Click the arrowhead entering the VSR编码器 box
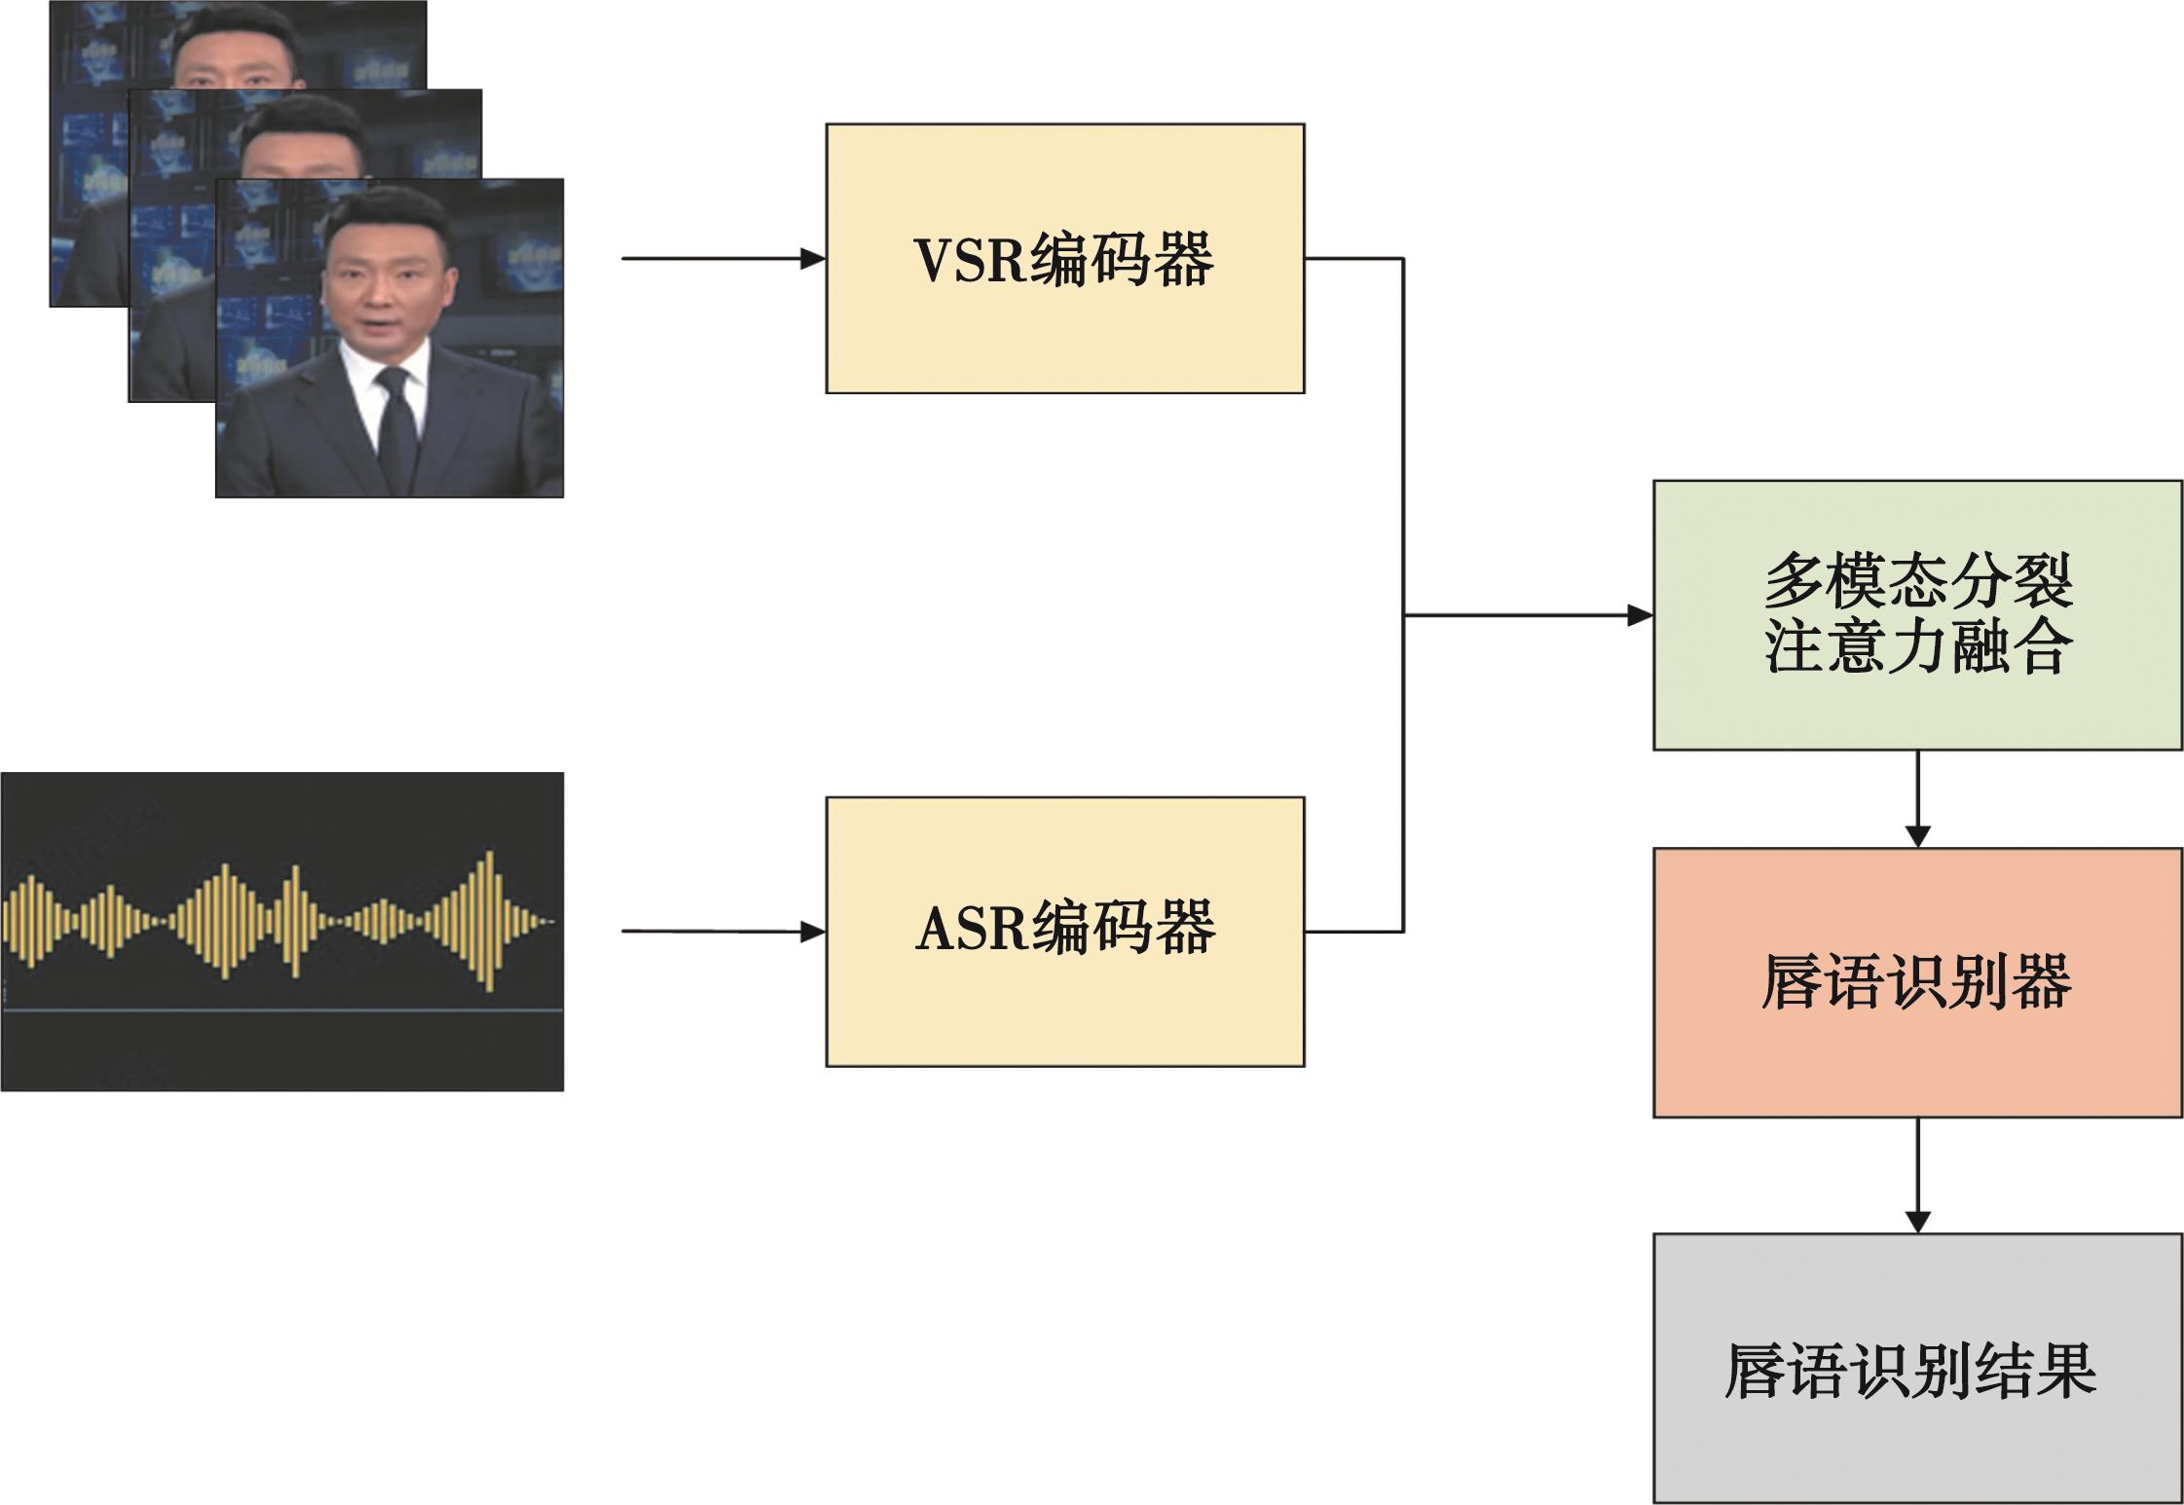click(812, 259)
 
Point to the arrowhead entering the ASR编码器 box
click(812, 932)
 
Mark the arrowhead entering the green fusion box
click(1640, 615)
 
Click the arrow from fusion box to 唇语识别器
click(1917, 798)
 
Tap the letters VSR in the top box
click(970, 260)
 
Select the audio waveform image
click(282, 931)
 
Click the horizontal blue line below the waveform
click(282, 1010)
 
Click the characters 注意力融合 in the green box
click(1916, 647)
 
